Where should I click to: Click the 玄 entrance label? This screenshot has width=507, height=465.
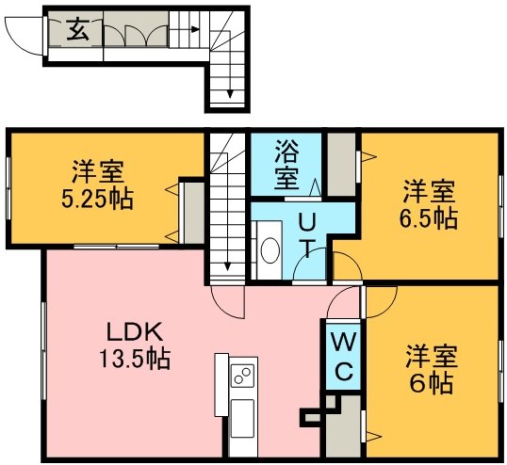point(78,29)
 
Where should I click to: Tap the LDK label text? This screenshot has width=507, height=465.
point(135,332)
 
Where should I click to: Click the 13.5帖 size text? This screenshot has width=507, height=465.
point(135,359)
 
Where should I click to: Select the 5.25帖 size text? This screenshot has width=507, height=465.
point(97,199)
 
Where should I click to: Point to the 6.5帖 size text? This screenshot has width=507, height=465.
point(429,218)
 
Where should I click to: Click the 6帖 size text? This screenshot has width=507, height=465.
point(431,383)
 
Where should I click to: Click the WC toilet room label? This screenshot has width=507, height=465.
point(344,356)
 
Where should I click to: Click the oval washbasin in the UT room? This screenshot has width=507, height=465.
point(270,250)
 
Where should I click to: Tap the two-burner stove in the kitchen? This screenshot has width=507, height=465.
point(242,376)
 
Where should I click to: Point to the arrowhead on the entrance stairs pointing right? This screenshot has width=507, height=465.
point(195,30)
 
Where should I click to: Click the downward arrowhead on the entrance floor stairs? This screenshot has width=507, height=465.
point(230,93)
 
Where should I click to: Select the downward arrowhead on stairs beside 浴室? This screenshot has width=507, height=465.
point(227,266)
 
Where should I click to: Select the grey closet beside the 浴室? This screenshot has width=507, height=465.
point(341,165)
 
